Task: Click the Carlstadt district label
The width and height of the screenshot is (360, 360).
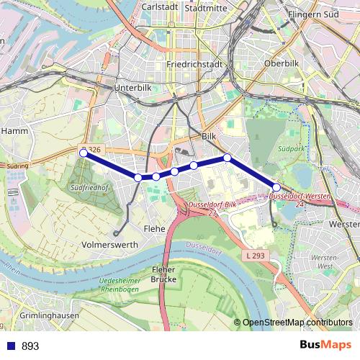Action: (x=161, y=6)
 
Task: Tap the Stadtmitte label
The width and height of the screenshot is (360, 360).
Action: (x=205, y=8)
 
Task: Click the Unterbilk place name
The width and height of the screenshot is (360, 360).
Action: (x=131, y=88)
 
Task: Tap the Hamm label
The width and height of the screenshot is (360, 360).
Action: (x=14, y=131)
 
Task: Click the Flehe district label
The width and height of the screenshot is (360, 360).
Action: (x=154, y=229)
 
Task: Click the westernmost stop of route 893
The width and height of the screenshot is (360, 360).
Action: (x=84, y=153)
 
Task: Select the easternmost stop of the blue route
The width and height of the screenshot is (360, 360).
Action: (x=276, y=187)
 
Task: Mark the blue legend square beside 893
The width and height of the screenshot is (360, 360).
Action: (x=10, y=346)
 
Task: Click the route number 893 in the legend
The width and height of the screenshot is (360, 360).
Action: (x=30, y=346)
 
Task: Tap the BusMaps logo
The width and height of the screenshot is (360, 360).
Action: (x=326, y=345)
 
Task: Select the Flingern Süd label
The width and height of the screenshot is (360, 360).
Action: (x=312, y=14)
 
